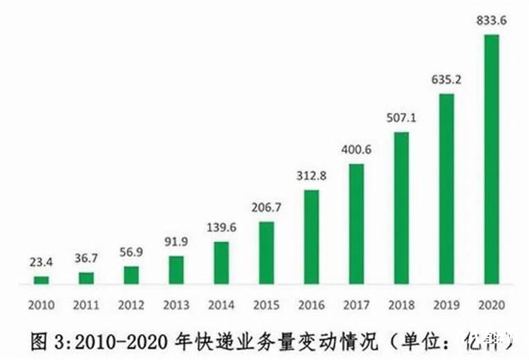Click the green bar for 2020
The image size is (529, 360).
(x=491, y=159)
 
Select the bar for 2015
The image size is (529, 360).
(x=266, y=253)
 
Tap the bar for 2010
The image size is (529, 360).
(x=42, y=280)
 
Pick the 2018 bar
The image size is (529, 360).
(x=401, y=208)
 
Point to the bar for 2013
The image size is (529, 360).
(x=176, y=270)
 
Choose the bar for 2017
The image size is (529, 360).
(x=356, y=224)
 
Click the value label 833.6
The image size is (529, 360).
(x=491, y=20)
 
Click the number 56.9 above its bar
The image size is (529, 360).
(x=131, y=252)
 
